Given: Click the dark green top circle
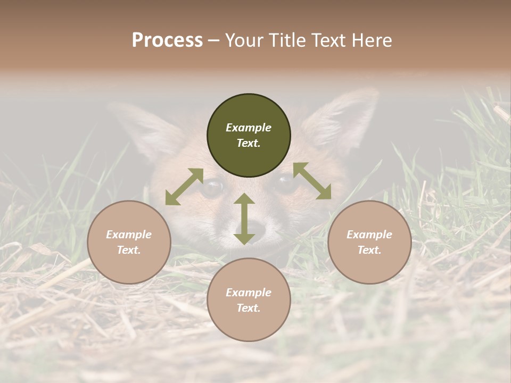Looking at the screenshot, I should (x=249, y=136).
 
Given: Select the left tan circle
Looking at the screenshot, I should (x=129, y=242).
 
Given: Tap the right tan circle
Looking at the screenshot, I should (x=369, y=242).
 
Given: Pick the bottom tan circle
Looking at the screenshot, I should (x=249, y=300).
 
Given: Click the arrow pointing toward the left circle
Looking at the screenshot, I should (x=184, y=187).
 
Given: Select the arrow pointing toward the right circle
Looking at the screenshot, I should (x=312, y=181).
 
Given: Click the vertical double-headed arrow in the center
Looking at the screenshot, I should (x=244, y=219).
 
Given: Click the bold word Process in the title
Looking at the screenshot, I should (x=167, y=40).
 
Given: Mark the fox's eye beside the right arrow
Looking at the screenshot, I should (x=285, y=184).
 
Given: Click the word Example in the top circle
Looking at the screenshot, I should (x=249, y=128).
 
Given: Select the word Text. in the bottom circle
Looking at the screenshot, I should (x=249, y=308).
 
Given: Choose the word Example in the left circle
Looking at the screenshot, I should (x=129, y=235).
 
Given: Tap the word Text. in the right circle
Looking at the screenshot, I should (x=369, y=250).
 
